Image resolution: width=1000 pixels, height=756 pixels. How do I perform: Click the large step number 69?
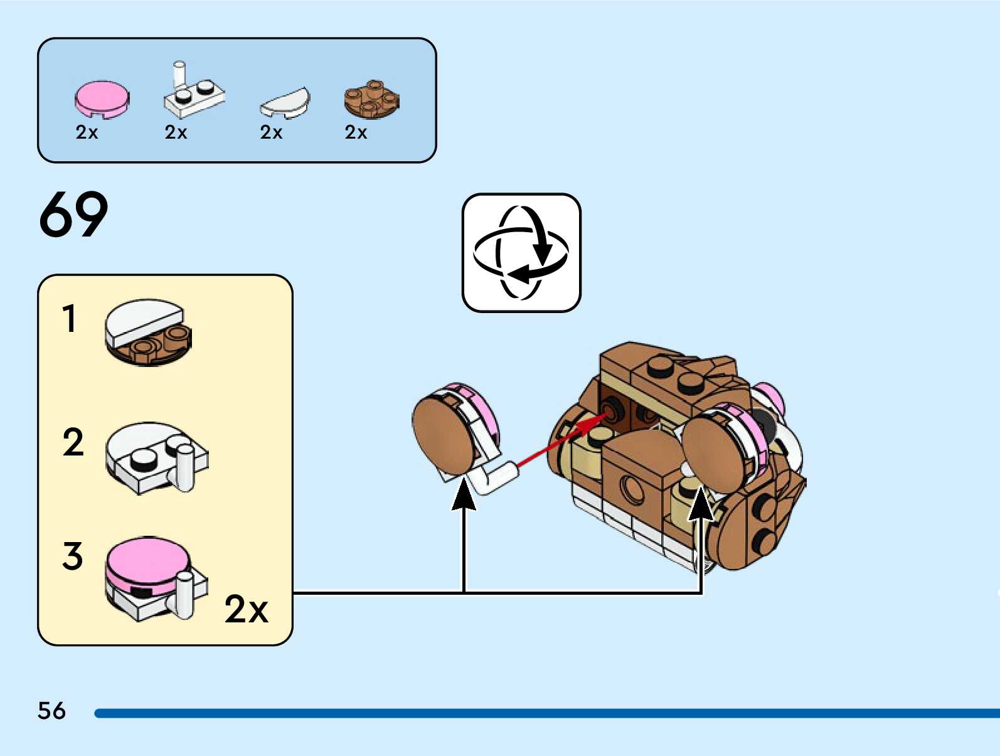(x=73, y=215)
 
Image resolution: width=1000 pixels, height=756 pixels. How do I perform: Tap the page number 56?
(x=51, y=711)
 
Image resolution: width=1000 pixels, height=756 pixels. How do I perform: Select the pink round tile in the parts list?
(x=102, y=99)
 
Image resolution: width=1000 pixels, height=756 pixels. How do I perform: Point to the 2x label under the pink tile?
(x=87, y=132)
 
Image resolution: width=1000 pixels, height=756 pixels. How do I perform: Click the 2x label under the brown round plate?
(x=356, y=132)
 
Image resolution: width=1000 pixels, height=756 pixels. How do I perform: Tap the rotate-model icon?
(x=521, y=253)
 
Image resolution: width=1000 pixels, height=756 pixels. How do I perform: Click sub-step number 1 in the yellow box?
(x=70, y=319)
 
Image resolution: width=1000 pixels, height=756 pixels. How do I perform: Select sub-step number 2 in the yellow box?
(x=73, y=442)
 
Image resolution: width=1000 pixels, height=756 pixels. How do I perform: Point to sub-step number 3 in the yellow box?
(x=72, y=556)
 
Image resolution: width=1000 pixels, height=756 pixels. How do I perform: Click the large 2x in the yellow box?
(x=246, y=609)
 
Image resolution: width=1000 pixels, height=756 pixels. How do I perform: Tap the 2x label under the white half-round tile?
(x=271, y=132)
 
